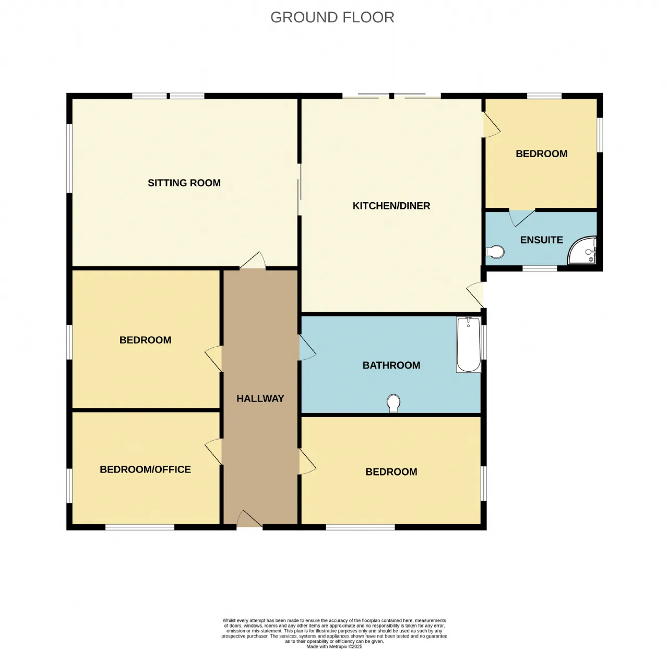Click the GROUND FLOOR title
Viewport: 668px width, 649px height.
point(332,18)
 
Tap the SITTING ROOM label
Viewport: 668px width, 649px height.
point(184,183)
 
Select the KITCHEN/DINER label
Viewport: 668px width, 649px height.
point(391,206)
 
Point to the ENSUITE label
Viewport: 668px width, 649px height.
point(541,240)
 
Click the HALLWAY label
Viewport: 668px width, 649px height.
point(260,398)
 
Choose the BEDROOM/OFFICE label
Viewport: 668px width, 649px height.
point(145,469)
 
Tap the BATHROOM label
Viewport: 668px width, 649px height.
point(391,365)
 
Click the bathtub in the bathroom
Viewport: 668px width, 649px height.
point(468,345)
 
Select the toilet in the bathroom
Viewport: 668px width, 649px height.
point(393,403)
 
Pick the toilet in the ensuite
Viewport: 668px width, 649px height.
point(495,252)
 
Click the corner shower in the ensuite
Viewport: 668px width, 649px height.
point(582,250)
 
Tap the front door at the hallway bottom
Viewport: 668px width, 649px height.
point(249,518)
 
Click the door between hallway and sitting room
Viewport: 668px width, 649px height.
point(253,261)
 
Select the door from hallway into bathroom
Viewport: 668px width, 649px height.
point(307,347)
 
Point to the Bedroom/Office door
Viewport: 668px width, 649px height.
point(213,452)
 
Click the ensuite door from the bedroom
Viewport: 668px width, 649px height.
point(521,218)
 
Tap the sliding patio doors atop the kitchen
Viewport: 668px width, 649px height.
point(391,96)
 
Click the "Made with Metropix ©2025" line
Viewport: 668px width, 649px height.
point(334,646)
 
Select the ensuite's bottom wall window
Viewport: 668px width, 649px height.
point(540,268)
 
